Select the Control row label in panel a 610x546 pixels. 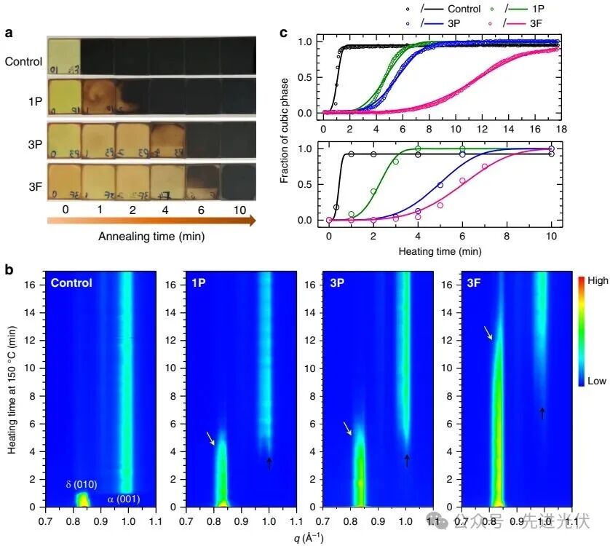point(23,61)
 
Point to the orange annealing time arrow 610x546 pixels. point(151,219)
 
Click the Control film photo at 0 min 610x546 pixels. point(63,55)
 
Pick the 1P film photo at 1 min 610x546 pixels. point(98,98)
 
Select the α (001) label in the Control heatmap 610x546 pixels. point(124,499)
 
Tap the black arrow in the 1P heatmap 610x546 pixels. point(269,462)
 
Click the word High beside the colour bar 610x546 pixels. point(589,280)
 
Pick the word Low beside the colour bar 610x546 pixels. point(588,380)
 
